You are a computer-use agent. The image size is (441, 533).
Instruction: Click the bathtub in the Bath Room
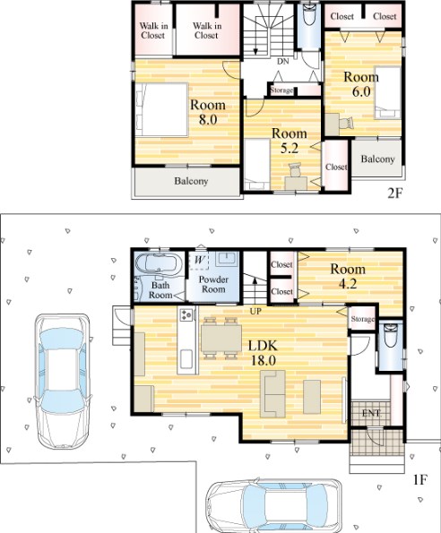[158, 263]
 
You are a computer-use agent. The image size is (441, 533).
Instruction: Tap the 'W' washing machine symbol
[199, 261]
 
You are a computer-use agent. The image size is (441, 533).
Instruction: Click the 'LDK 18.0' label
[263, 353]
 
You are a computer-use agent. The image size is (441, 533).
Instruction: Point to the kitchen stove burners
[186, 314]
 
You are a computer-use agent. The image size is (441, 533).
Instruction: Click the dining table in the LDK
[221, 339]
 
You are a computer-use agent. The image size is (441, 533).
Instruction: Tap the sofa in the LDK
[272, 393]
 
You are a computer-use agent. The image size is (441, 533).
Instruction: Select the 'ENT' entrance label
[371, 413]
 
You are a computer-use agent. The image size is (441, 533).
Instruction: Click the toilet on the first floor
[390, 335]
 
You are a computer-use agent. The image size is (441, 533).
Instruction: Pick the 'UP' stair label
[255, 311]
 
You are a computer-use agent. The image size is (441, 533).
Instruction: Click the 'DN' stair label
[283, 62]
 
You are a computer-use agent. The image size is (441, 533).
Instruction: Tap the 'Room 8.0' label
[208, 112]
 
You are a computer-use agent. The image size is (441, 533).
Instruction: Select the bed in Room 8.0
[161, 109]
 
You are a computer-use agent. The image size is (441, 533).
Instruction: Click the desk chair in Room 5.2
[295, 170]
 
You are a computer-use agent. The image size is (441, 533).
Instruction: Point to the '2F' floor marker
[395, 193]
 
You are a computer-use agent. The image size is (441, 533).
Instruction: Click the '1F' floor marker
[419, 479]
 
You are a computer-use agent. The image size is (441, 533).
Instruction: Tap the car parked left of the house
[64, 381]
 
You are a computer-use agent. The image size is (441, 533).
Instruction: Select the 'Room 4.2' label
[348, 276]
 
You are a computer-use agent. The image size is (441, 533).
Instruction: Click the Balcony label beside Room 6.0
[377, 159]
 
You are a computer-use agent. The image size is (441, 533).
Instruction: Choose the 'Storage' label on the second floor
[281, 90]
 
